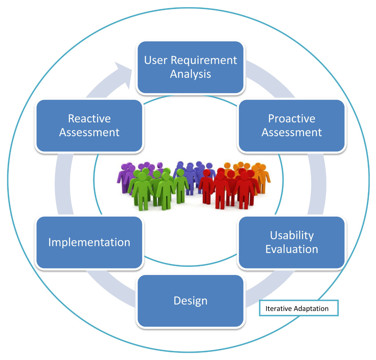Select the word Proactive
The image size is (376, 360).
(x=292, y=119)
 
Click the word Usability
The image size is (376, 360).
(x=292, y=235)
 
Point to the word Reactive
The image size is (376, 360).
(x=89, y=119)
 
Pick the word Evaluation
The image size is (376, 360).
(x=292, y=249)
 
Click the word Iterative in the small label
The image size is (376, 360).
(x=278, y=309)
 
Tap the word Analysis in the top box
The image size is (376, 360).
(x=191, y=74)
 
